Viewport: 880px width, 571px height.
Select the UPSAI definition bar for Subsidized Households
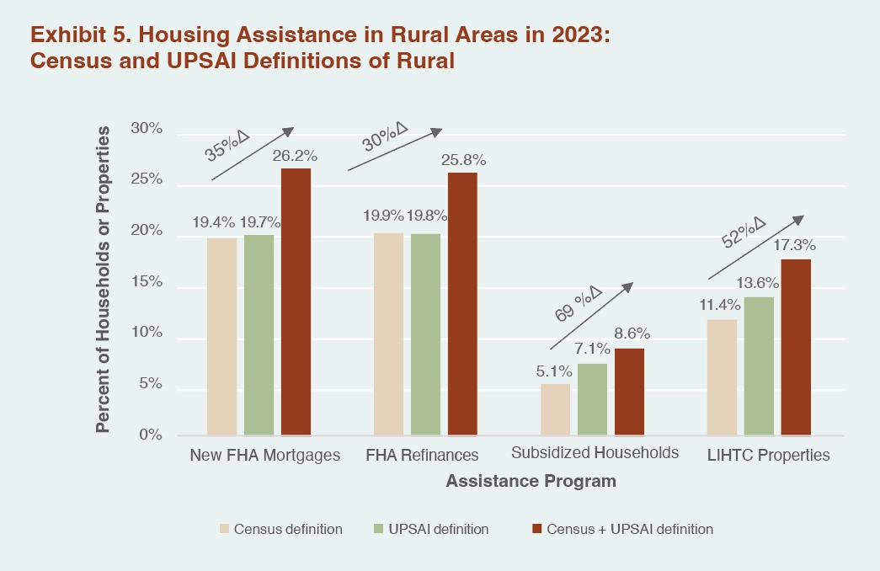(592, 399)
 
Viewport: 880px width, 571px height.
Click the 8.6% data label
(632, 334)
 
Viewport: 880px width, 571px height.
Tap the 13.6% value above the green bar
(760, 282)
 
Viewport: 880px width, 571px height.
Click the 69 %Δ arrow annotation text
(578, 307)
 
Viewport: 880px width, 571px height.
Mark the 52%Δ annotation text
(743, 232)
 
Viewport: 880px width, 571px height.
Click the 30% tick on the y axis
(146, 129)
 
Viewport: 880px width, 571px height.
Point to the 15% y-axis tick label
(146, 282)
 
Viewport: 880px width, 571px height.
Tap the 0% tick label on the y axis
(150, 435)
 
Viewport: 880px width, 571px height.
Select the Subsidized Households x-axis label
(595, 453)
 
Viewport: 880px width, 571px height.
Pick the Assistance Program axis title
(531, 482)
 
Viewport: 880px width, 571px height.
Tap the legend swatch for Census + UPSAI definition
(535, 530)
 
